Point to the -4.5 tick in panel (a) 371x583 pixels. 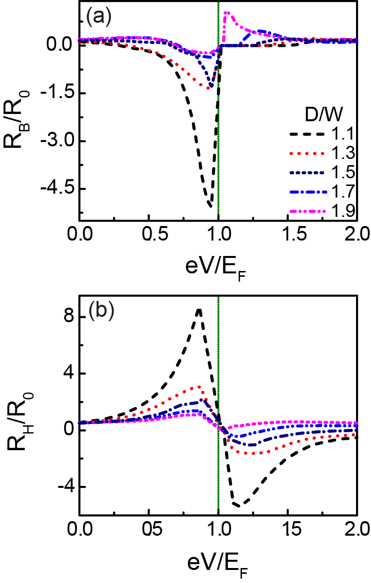pyautogui.click(x=56, y=188)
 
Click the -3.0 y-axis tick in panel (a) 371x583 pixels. pyautogui.click(x=56, y=141)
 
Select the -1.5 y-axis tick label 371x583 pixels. pyautogui.click(x=56, y=94)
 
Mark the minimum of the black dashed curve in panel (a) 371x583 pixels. pyautogui.click(x=211, y=207)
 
